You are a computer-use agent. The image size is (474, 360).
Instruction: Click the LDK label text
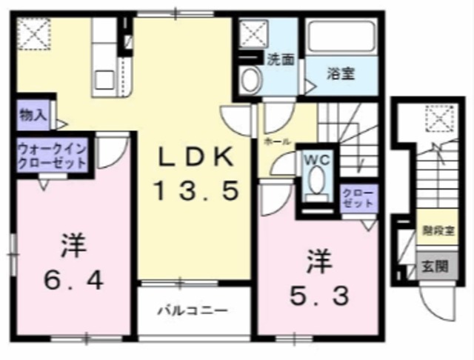click(x=197, y=158)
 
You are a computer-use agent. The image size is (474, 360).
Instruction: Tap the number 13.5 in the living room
click(x=197, y=193)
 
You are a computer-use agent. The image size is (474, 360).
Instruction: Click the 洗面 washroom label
click(x=281, y=60)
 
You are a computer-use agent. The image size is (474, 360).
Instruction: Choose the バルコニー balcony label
click(x=191, y=310)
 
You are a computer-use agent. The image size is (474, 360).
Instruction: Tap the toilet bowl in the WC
click(x=316, y=180)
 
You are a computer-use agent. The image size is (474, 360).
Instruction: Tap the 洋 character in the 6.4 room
click(x=71, y=243)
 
